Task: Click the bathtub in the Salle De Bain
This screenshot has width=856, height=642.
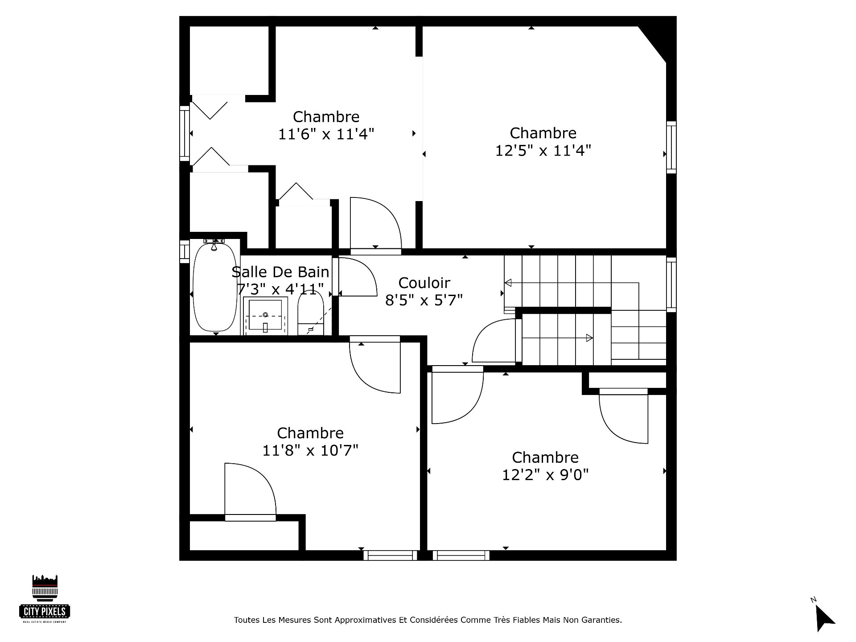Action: [x=215, y=288]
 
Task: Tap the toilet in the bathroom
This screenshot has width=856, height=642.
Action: [x=310, y=315]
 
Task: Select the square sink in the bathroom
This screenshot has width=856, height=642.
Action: [x=265, y=315]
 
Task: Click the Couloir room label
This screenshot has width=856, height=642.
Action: [x=424, y=283]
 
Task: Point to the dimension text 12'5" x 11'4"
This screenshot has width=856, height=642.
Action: [x=543, y=151]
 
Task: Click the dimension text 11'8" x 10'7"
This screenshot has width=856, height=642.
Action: [x=310, y=451]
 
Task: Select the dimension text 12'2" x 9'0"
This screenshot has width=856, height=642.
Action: [x=545, y=475]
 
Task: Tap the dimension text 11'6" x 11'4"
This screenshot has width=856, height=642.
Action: [x=326, y=134]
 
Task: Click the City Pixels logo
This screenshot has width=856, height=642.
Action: [x=45, y=599]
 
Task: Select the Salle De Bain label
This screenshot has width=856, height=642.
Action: [x=280, y=272]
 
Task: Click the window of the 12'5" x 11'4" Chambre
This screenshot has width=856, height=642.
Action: [x=671, y=147]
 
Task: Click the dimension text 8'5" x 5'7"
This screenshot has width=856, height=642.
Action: [x=424, y=300]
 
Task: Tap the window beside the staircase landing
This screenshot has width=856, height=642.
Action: [x=671, y=284]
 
